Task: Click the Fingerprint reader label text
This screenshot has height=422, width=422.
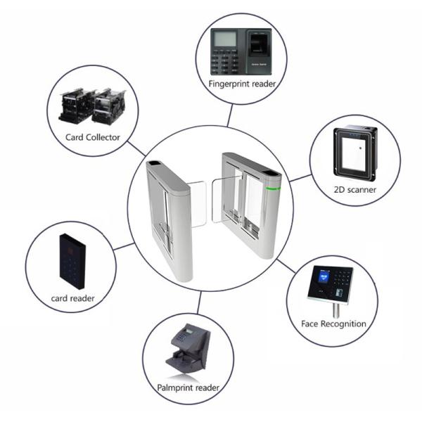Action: [x=241, y=84]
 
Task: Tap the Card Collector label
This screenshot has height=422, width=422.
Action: [x=93, y=137]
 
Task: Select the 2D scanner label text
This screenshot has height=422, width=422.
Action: [x=355, y=189]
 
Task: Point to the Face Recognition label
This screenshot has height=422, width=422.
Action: [x=329, y=324]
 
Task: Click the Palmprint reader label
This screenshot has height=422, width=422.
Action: [x=188, y=388]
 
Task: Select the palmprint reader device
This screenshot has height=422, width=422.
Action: [x=188, y=348]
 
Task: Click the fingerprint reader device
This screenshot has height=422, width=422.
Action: [x=241, y=52]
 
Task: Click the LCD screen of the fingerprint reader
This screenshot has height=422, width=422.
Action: [x=224, y=38]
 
